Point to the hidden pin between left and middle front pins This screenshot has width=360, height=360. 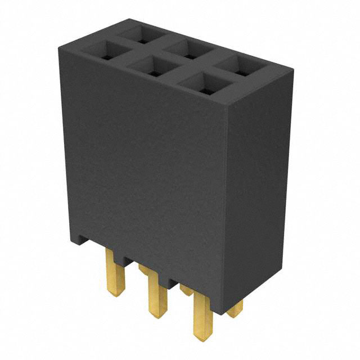click(x=145, y=269)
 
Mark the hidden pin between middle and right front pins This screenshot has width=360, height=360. click(x=186, y=290)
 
